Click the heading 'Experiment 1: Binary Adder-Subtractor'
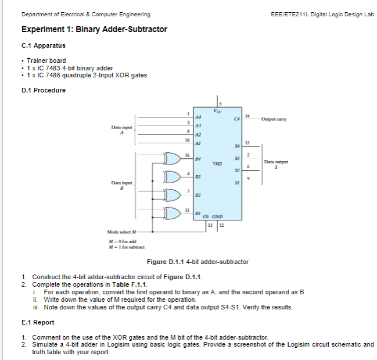[94, 29]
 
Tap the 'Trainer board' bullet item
[46, 60]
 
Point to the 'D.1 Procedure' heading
[42, 90]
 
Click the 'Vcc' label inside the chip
[218, 110]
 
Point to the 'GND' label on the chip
[218, 219]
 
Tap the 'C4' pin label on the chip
[236, 119]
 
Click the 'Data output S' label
[276, 164]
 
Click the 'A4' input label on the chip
[199, 117]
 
